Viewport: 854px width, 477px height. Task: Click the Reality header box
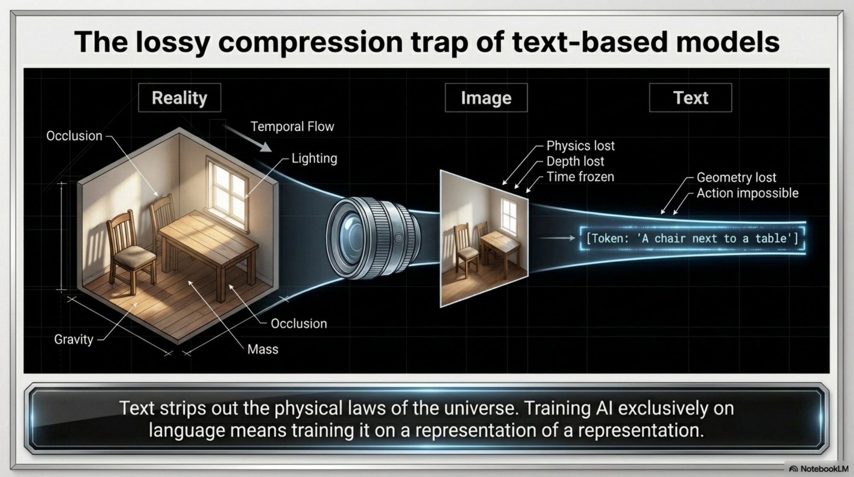(x=179, y=98)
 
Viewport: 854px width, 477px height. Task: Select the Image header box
(x=486, y=98)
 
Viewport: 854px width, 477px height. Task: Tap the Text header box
(x=690, y=98)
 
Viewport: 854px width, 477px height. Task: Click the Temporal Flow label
(x=292, y=126)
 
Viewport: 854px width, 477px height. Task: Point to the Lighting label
(x=314, y=158)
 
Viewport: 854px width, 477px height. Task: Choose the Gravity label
(x=73, y=339)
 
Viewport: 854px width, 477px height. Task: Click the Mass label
(x=263, y=349)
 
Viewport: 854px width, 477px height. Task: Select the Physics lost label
(x=580, y=146)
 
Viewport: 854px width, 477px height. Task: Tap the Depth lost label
(x=575, y=161)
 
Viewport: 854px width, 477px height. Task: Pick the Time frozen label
(x=580, y=177)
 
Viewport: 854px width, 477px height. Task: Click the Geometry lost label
(x=736, y=177)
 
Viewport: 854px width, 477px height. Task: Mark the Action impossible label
(x=747, y=193)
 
